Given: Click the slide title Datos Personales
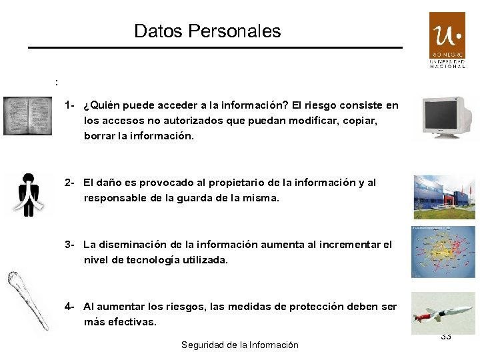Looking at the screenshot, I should pos(207,31).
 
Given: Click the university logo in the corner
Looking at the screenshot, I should pos(447,40).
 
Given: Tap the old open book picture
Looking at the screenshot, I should pos(27,116).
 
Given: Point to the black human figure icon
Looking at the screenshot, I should pos(27,195).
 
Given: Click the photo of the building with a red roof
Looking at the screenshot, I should pos(444,197).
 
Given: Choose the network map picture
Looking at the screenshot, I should pos(443,251).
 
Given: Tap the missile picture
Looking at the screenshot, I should pos(443,313).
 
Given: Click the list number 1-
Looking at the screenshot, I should pos(70,105).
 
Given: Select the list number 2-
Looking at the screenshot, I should pos(70,183).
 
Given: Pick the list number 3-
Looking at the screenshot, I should pos(70,245).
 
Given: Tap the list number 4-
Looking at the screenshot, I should pos(70,307).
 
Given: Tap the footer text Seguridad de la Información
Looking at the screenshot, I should pos(240,345).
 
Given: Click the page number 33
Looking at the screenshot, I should pos(446,337).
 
